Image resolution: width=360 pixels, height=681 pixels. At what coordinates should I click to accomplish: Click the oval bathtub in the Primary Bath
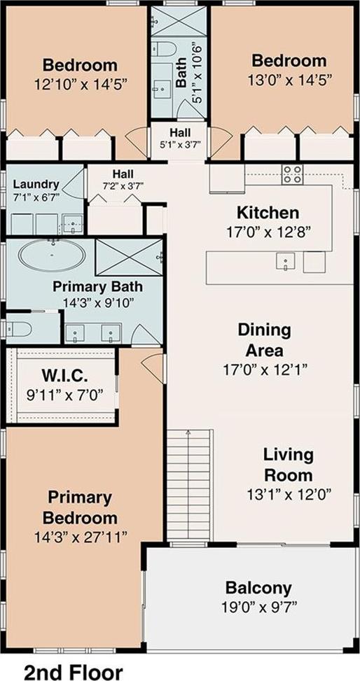click(52, 257)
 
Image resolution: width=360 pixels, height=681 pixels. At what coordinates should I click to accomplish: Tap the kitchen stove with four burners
click(292, 174)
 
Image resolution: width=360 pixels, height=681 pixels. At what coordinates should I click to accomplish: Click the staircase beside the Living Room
click(191, 485)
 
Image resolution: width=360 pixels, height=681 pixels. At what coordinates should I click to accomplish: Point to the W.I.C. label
click(64, 374)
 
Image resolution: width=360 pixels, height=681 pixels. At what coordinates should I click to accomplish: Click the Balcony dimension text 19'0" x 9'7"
click(258, 607)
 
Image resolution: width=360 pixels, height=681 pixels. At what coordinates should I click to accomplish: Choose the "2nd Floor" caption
click(74, 671)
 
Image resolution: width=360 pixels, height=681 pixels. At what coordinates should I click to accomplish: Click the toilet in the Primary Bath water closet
click(18, 329)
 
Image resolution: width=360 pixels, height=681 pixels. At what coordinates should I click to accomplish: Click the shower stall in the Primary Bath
click(128, 257)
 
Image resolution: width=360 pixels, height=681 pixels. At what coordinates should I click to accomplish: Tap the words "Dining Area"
click(264, 339)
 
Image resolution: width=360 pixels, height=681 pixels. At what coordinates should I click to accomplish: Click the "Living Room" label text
click(289, 465)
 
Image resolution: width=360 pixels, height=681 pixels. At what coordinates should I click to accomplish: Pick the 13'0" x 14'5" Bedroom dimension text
click(289, 80)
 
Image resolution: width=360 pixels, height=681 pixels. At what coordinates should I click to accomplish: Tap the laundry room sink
click(73, 224)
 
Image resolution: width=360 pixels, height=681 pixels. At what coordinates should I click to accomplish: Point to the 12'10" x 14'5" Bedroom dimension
click(81, 84)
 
